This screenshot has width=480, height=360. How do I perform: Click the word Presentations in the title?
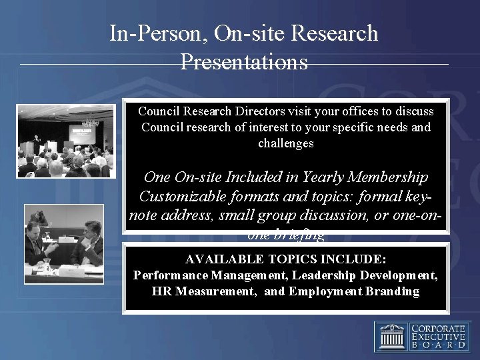(x=244, y=62)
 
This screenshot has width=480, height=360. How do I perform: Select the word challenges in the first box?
(x=285, y=143)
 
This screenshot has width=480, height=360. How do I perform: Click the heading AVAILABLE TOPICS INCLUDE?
(x=286, y=259)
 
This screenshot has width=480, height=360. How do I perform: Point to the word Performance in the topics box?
(x=170, y=275)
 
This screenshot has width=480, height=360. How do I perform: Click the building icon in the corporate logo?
(x=391, y=337)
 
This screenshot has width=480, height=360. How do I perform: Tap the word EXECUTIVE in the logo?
(x=438, y=337)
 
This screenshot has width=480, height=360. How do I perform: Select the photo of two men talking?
(x=64, y=243)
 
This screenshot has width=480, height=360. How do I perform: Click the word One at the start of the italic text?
(x=158, y=178)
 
